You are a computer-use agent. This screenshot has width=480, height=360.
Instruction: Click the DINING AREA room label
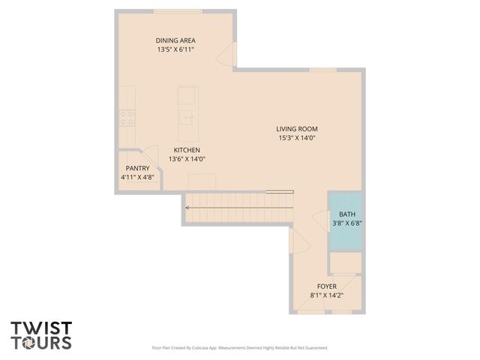(x=176, y=40)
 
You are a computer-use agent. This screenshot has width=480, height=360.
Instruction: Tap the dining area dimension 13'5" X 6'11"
(x=176, y=50)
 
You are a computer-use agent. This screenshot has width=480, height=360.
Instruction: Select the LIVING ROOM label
(x=297, y=128)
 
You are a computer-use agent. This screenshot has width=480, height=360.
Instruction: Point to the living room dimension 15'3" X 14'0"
(x=297, y=138)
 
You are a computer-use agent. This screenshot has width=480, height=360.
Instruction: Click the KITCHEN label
(x=187, y=149)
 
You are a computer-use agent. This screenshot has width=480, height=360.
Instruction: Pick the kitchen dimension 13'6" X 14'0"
(x=187, y=159)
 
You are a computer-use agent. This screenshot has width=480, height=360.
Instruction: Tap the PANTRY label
(x=137, y=168)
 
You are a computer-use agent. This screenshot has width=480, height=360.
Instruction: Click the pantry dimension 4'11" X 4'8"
(x=137, y=178)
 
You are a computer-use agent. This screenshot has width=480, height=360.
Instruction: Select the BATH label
(x=347, y=214)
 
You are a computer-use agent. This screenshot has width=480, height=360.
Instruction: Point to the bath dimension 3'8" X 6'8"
(x=347, y=223)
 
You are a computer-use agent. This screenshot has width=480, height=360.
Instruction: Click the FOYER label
(x=326, y=286)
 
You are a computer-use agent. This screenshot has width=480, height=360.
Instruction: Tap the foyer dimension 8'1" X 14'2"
(x=326, y=295)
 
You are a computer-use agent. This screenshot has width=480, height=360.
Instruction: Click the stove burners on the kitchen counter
(x=127, y=116)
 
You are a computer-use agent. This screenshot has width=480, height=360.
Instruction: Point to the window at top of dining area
(x=178, y=10)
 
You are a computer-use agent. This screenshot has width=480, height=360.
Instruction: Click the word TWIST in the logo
(x=41, y=328)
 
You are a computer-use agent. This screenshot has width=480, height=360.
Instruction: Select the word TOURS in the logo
(x=41, y=343)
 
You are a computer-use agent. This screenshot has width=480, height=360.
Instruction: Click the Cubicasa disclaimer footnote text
(x=239, y=348)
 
